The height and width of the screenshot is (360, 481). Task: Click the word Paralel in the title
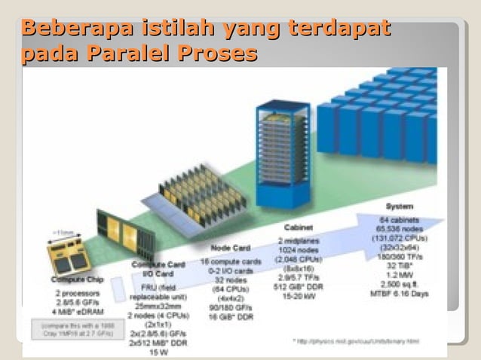pyautogui.click(x=128, y=54)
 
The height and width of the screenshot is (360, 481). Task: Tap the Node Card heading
pyautogui.click(x=229, y=248)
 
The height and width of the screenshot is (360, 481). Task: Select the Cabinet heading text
pyautogui.click(x=299, y=227)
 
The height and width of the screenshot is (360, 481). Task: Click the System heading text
pyautogui.click(x=399, y=206)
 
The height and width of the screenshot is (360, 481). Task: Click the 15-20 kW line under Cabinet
pyautogui.click(x=299, y=296)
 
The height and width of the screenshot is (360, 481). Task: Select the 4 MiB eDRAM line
pyautogui.click(x=78, y=312)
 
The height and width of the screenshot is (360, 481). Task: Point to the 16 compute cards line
pyautogui.click(x=229, y=261)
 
